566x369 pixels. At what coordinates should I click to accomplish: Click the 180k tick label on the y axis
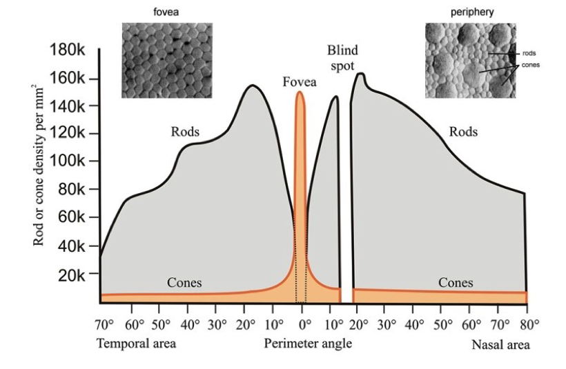pyautogui.click(x=66, y=51)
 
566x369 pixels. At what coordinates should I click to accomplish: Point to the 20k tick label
pyautogui.click(x=70, y=275)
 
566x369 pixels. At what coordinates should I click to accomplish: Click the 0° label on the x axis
pyautogui.click(x=302, y=324)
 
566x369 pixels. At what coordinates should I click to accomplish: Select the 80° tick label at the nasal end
pyautogui.click(x=529, y=324)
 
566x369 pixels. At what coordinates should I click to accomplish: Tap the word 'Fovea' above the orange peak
pyautogui.click(x=300, y=82)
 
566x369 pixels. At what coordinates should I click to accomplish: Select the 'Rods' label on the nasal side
pyautogui.click(x=462, y=132)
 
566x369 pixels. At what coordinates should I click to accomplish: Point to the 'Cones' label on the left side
pyautogui.click(x=184, y=283)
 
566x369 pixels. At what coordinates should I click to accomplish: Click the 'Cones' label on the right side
pyautogui.click(x=456, y=283)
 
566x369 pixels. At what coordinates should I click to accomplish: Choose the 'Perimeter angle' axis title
pyautogui.click(x=308, y=343)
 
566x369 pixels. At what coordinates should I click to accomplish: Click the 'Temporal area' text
pyautogui.click(x=136, y=343)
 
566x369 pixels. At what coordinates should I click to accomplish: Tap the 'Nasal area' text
pyautogui.click(x=500, y=344)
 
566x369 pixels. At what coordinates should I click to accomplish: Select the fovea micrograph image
pyautogui.click(x=164, y=60)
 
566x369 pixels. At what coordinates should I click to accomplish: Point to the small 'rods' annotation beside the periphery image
pyautogui.click(x=529, y=52)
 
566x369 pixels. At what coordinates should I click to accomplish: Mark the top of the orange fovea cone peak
pyautogui.click(x=300, y=92)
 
